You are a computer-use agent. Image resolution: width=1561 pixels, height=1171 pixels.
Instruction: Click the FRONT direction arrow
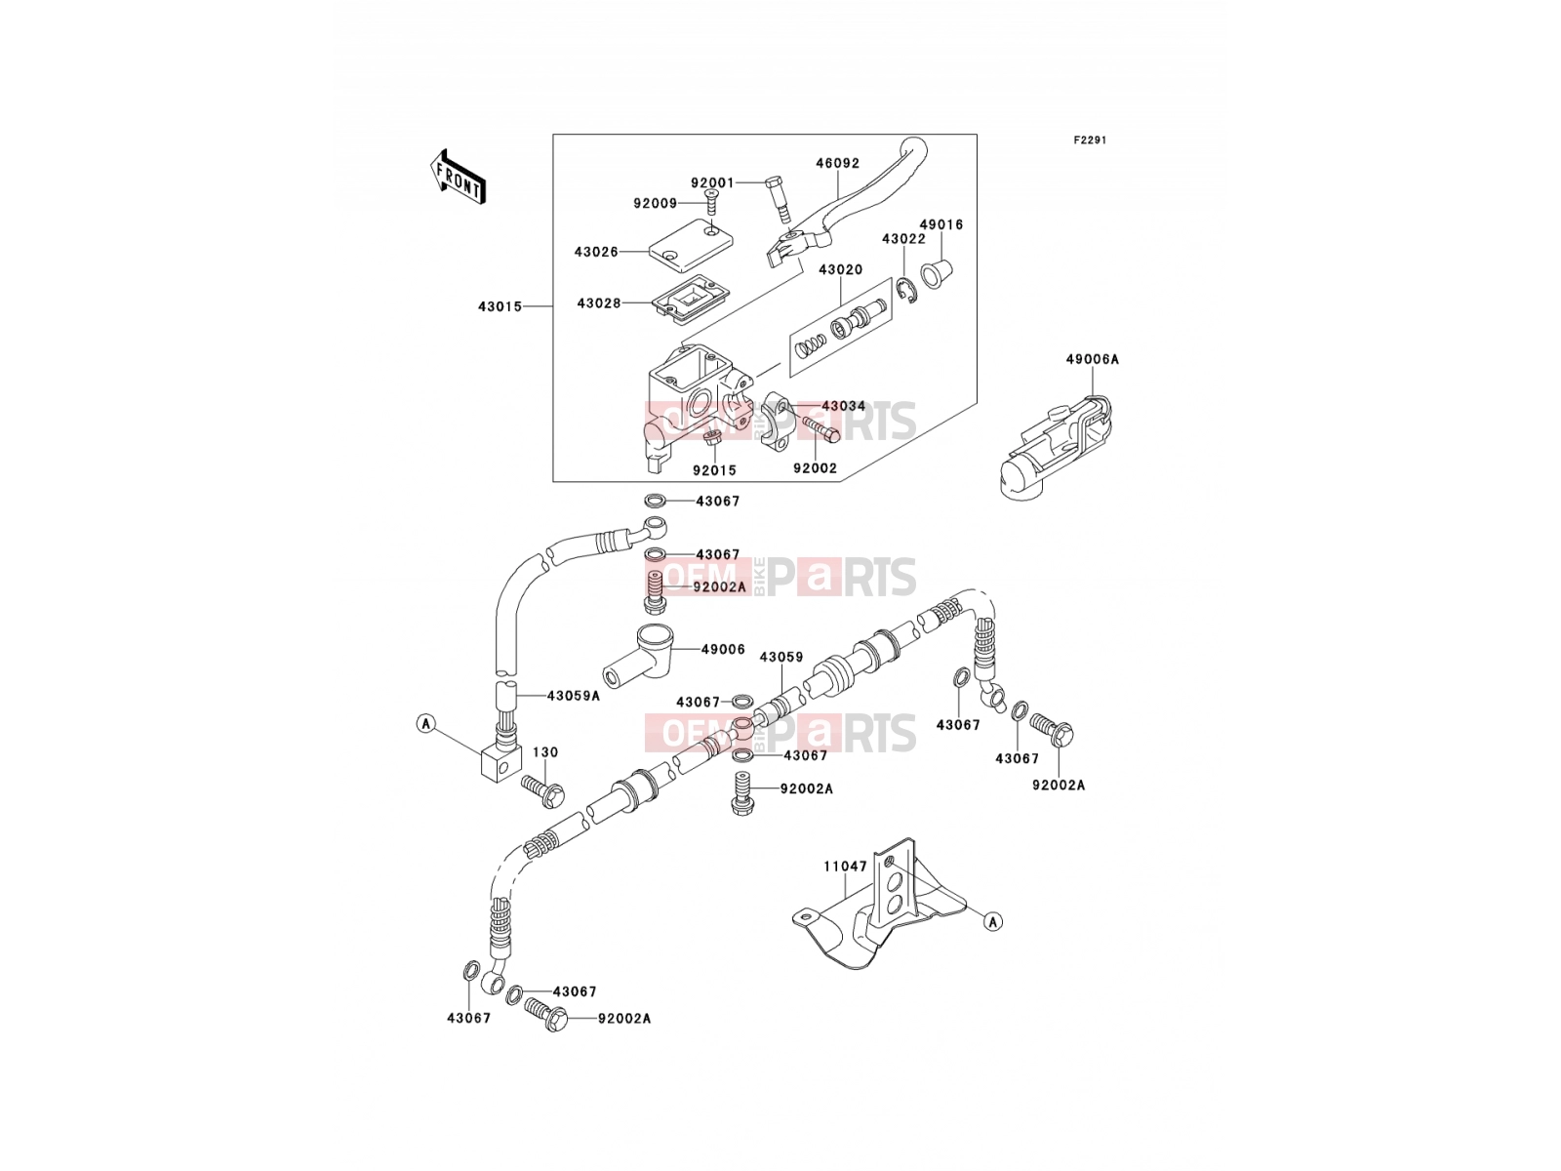[x=458, y=178]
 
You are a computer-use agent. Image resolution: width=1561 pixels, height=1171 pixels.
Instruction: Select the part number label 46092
[x=837, y=163]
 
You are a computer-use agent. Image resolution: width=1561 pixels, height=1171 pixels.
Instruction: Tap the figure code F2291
[x=1090, y=141]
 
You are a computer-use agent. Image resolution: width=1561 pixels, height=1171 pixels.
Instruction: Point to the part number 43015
[x=500, y=306]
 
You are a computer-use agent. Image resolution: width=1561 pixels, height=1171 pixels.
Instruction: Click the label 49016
[x=941, y=224]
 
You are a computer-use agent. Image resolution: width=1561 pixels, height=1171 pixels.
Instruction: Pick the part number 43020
[x=840, y=269]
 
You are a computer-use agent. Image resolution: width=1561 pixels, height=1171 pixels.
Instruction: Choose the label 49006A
[x=1092, y=360]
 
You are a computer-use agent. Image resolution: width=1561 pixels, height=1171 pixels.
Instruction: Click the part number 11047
[x=846, y=867]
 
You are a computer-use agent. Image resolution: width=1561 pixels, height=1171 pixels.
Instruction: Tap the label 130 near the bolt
[x=545, y=752]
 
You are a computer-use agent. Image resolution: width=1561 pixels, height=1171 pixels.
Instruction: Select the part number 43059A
[x=574, y=696]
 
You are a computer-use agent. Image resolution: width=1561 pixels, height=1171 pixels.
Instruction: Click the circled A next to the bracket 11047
[x=993, y=921]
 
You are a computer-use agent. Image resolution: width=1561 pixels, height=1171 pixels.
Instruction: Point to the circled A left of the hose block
[x=426, y=724]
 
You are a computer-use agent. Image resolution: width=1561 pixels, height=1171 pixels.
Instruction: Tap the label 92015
[x=715, y=470]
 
